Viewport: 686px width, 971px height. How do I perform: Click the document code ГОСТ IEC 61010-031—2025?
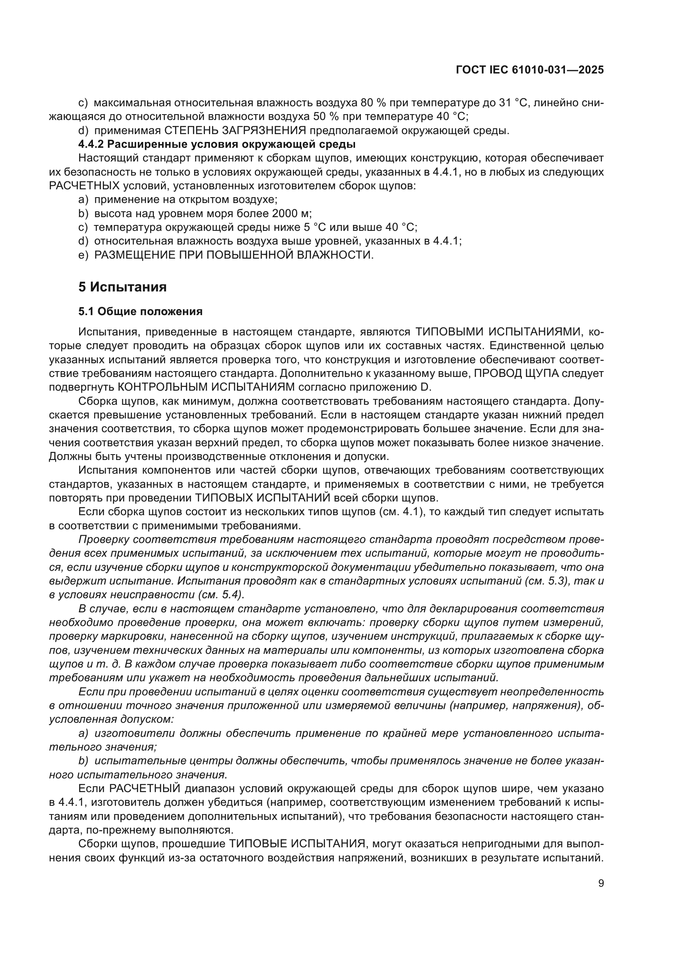[x=530, y=70]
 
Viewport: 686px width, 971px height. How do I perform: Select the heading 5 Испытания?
[x=122, y=287]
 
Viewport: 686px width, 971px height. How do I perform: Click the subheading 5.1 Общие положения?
[x=140, y=312]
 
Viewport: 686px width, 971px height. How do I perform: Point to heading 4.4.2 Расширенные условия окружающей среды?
[x=217, y=144]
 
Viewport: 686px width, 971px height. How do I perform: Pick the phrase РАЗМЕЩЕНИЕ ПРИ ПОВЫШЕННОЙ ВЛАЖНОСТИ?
[x=233, y=255]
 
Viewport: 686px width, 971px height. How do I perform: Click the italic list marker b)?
[x=83, y=761]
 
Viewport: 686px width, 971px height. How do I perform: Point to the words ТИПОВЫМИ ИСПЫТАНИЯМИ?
[x=501, y=332]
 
